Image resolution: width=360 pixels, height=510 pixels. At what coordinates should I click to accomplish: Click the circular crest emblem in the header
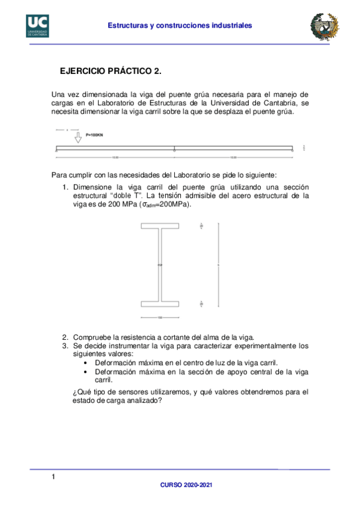coord(323,25)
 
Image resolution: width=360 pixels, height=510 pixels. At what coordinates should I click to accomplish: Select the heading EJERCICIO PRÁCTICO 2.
coord(111,71)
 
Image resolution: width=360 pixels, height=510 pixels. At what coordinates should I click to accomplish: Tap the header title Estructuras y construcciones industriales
coord(180,25)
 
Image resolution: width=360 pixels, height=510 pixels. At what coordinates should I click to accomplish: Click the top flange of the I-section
coord(160,226)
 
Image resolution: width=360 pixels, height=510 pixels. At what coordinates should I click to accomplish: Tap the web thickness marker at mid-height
coord(160,265)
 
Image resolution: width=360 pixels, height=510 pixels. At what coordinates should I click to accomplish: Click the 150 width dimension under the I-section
coord(160,318)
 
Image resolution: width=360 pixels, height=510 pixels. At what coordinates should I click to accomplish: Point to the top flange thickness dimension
coord(202,226)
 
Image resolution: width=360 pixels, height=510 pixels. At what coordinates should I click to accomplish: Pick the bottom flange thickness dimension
coord(202,304)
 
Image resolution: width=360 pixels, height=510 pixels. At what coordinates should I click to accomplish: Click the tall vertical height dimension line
coord(219,265)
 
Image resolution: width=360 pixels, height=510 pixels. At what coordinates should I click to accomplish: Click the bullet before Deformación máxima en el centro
coord(88,363)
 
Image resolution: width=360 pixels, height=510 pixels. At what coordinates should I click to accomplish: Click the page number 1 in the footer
coord(53,477)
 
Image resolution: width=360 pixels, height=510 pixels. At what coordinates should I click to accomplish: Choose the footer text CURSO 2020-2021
coord(186,484)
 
